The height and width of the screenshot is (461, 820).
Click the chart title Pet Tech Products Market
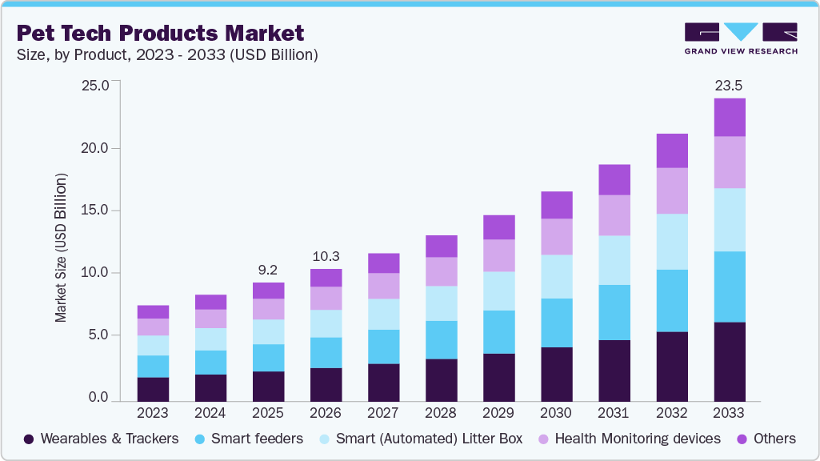pyautogui.click(x=161, y=34)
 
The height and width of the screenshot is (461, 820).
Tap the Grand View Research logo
pyautogui.click(x=741, y=38)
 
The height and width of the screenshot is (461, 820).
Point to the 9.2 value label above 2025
pyautogui.click(x=268, y=269)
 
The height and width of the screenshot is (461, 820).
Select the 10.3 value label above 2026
pyautogui.click(x=326, y=256)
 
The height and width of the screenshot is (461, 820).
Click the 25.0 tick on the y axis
pyautogui.click(x=95, y=85)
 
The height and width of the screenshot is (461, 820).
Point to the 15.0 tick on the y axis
pyautogui.click(x=95, y=210)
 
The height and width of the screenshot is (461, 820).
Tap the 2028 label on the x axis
pyautogui.click(x=441, y=413)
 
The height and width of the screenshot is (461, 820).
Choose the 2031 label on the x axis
pyautogui.click(x=614, y=413)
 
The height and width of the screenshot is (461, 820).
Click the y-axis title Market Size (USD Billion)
pyautogui.click(x=61, y=247)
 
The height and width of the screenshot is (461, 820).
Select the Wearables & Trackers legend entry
pyautogui.click(x=101, y=439)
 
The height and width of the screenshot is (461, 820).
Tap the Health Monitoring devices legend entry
pyautogui.click(x=628, y=439)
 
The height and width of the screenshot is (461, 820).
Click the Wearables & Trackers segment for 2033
pyautogui.click(x=730, y=361)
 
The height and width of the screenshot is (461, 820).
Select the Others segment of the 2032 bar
pyautogui.click(x=672, y=150)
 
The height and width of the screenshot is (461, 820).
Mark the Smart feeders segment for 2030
pyautogui.click(x=556, y=323)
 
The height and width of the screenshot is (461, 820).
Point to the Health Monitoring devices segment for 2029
pyautogui.click(x=498, y=255)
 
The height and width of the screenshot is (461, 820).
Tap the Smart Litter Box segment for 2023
pyautogui.click(x=153, y=345)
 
